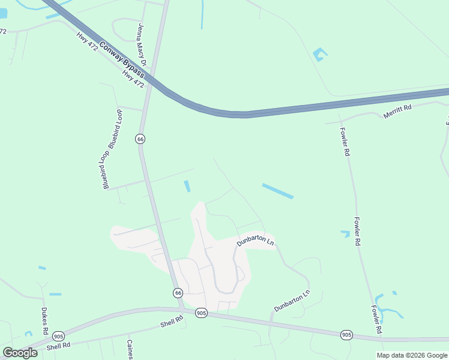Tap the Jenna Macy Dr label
142,44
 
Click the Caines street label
129,350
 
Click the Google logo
20,353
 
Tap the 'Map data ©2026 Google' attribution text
412,355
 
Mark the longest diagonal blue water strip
277,191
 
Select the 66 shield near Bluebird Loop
140,139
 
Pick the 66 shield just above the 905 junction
178,293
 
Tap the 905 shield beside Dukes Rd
58,336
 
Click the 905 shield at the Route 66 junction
201,313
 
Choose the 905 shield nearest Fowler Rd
346,334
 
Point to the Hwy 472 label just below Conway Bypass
133,78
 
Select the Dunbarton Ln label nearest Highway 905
292,301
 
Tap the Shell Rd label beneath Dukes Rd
59,346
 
